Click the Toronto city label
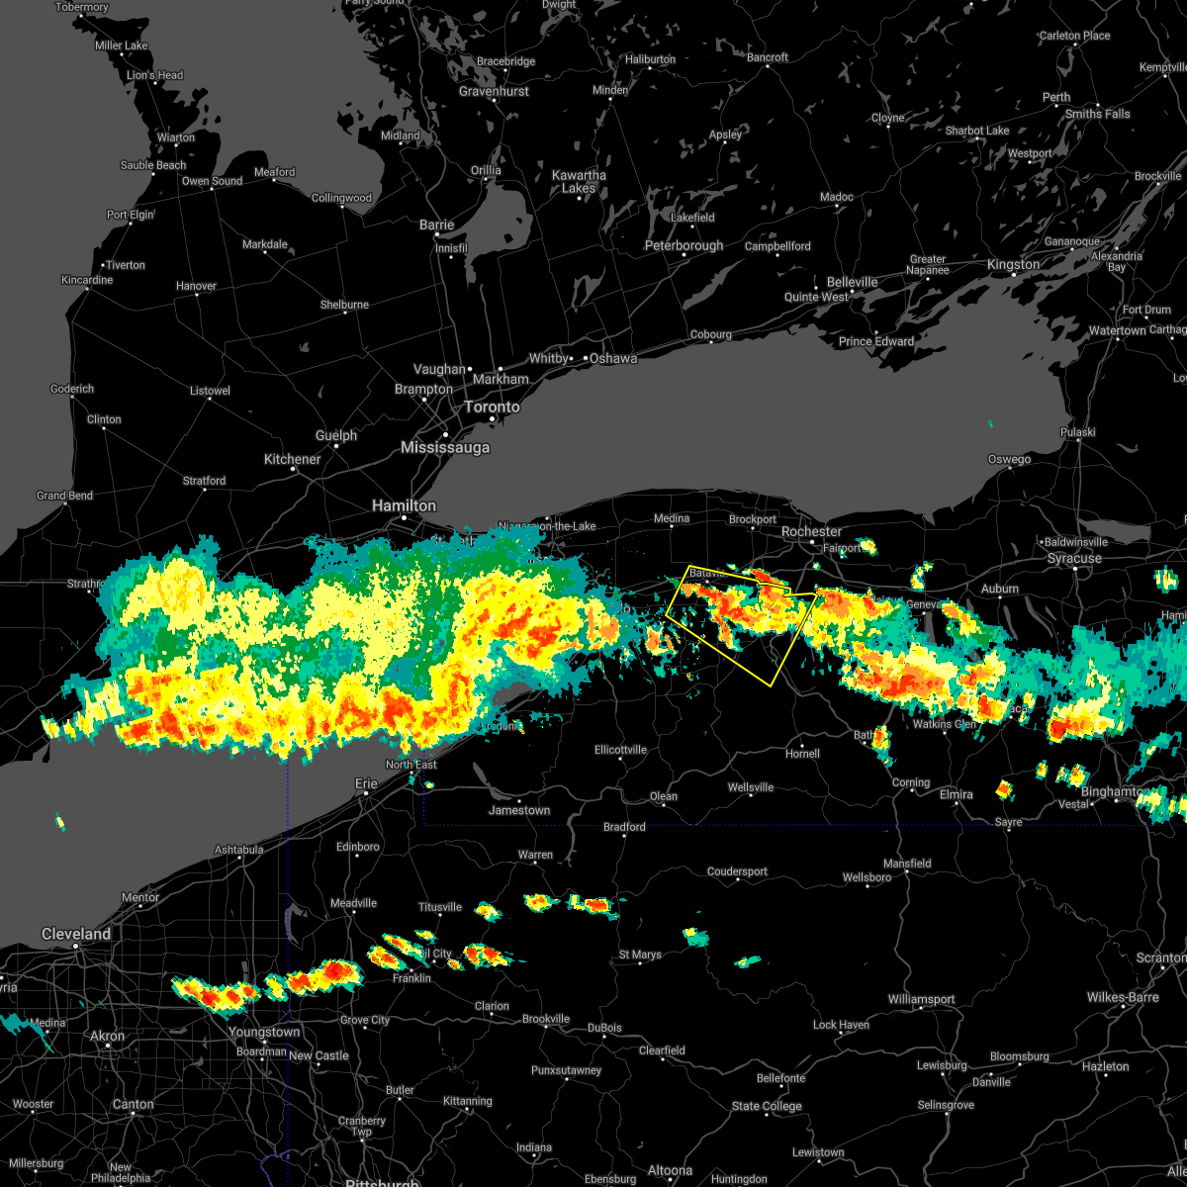[492, 408]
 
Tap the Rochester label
[811, 532]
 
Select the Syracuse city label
[1074, 559]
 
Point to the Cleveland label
[76, 934]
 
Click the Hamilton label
[404, 505]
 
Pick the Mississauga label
[445, 448]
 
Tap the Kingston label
[1013, 265]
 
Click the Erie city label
[366, 783]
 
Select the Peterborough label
[684, 245]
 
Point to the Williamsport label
[921, 1000]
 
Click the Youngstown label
[264, 1032]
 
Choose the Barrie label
[436, 225]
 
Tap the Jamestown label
[519, 810]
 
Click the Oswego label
[1009, 459]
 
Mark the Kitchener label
[292, 459]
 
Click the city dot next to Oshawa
[586, 358]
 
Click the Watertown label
[1117, 330]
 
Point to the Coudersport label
[737, 871]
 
